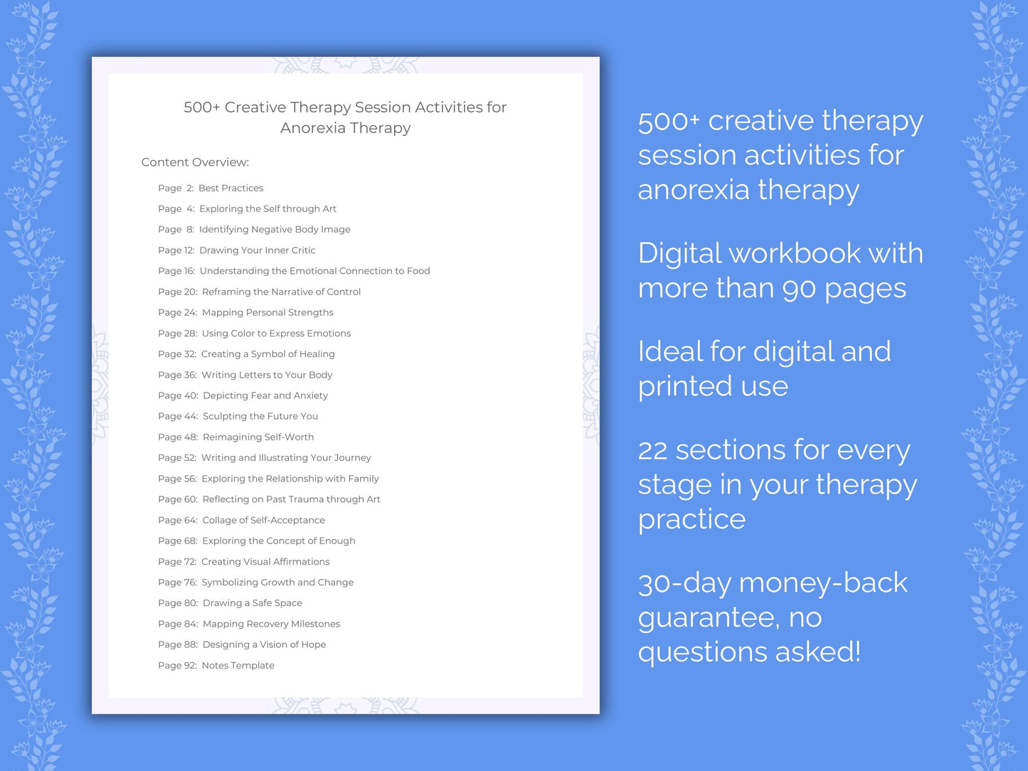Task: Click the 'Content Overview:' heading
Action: pyautogui.click(x=195, y=162)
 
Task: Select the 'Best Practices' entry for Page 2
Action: pyautogui.click(x=230, y=188)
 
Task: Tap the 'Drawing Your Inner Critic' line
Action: pyautogui.click(x=257, y=250)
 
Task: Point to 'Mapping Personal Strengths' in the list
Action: pyautogui.click(x=267, y=312)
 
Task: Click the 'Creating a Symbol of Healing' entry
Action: pyautogui.click(x=267, y=354)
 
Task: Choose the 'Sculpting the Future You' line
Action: pyautogui.click(x=260, y=416)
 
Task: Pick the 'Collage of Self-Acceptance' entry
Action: pyautogui.click(x=263, y=521)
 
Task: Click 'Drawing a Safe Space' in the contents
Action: pyautogui.click(x=253, y=603)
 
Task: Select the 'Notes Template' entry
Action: pyautogui.click(x=238, y=666)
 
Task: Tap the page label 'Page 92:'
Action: pyautogui.click(x=177, y=666)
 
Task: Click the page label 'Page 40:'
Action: pyautogui.click(x=178, y=395)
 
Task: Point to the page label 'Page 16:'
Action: pyautogui.click(x=176, y=271)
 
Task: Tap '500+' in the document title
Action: pyautogui.click(x=201, y=107)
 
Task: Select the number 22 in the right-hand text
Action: pyautogui.click(x=652, y=450)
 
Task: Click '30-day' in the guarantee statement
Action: pyautogui.click(x=684, y=584)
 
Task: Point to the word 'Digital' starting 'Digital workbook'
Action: pyautogui.click(x=679, y=254)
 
